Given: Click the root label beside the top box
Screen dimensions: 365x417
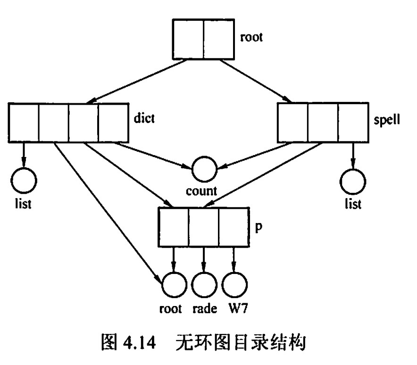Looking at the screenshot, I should click(x=251, y=37).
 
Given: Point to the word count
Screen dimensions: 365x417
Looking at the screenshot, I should click(x=201, y=191).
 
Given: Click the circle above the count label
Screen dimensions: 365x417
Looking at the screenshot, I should click(x=204, y=167).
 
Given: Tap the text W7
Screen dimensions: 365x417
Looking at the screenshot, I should click(x=236, y=309).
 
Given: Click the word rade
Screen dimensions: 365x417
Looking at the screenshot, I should click(x=205, y=309).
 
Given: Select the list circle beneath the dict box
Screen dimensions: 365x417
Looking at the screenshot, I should click(x=24, y=180).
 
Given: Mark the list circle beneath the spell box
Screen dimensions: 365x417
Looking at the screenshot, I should click(x=353, y=181).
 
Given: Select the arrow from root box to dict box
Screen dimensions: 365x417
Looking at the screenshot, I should click(x=137, y=81).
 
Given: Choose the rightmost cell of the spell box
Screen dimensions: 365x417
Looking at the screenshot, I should click(x=352, y=124).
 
